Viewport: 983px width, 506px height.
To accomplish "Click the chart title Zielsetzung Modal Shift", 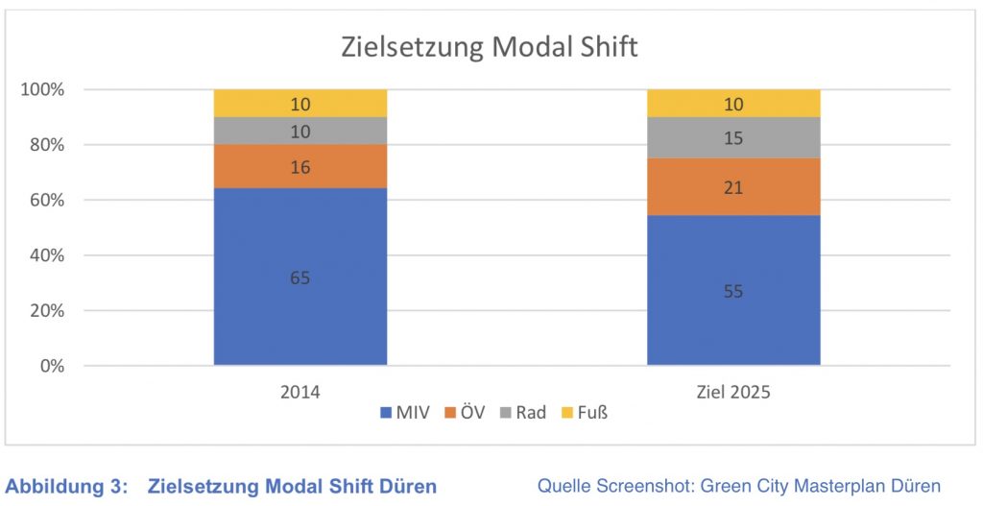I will tap(489, 47).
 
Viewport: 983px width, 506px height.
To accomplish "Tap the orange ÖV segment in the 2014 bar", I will tap(300, 166).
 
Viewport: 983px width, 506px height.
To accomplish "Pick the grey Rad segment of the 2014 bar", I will tap(300, 131).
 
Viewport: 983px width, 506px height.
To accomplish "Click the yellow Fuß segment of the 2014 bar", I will tap(300, 103).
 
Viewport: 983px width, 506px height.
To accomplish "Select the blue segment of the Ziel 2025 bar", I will tap(733, 290).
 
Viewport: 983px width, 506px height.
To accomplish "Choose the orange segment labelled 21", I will tap(733, 187).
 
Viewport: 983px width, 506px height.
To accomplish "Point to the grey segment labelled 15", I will tap(733, 137).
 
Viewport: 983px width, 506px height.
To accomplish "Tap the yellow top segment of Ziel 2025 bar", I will tap(733, 103).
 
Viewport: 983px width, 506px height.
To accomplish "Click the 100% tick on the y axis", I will tap(42, 90).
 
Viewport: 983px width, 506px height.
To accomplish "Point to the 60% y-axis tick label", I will tap(46, 201).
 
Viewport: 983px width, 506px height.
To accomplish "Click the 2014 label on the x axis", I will tap(300, 392).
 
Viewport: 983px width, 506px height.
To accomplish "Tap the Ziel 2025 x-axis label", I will tap(733, 392).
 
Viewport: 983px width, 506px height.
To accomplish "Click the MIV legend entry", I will tap(412, 413).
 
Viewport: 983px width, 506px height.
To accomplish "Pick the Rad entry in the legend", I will tap(529, 413).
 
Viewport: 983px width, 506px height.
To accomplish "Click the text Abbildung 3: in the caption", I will tap(66, 487).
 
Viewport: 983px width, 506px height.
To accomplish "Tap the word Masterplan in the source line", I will tap(829, 486).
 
